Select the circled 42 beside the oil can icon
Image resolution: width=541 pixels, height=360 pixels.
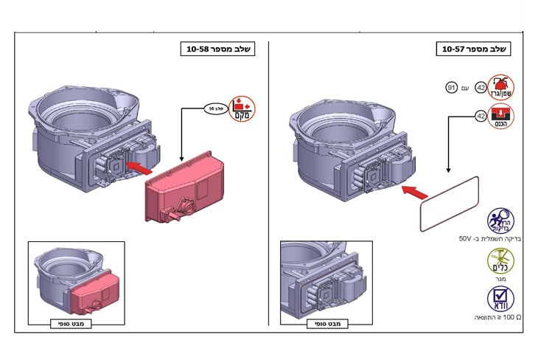[481, 88]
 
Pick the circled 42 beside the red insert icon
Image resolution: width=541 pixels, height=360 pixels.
[481, 117]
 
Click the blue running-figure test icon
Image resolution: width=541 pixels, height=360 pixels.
[500, 220]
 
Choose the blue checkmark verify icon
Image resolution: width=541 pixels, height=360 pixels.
[501, 298]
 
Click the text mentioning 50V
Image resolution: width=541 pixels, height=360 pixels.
[486, 240]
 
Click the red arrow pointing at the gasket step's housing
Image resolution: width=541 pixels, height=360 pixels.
[415, 193]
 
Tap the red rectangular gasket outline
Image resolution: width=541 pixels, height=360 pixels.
[450, 203]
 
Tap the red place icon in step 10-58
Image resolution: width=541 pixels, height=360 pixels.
[240, 108]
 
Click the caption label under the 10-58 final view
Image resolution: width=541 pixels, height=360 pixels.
[70, 323]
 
